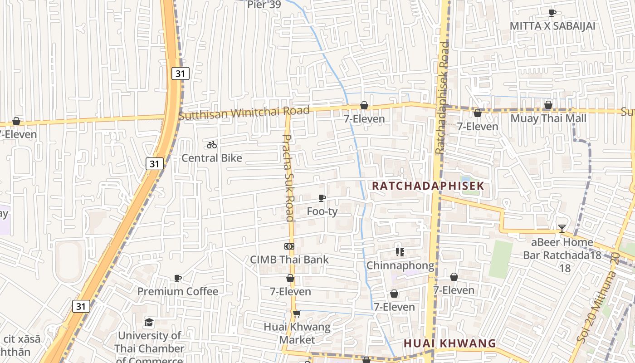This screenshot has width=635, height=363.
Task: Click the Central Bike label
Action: coord(212,158)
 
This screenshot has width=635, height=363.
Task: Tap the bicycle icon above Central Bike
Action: coord(212,145)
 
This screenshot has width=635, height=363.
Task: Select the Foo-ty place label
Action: coord(322,211)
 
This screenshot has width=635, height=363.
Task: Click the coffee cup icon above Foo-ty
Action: coord(322,198)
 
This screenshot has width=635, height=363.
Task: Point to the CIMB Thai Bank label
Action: coord(289,260)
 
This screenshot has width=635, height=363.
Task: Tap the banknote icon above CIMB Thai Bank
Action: coord(289,246)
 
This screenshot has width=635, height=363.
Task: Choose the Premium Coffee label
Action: coord(178,291)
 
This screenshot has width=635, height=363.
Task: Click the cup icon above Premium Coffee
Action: coord(178,278)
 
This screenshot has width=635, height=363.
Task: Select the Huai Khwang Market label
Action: coord(297,333)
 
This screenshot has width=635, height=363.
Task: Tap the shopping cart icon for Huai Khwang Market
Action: coord(297,314)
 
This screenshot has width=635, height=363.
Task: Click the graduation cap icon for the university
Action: coord(149,323)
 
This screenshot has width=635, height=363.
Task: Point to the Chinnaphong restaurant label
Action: coord(400,265)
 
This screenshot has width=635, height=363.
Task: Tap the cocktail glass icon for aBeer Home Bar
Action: coord(562,228)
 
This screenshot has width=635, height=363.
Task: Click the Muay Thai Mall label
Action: coord(548,118)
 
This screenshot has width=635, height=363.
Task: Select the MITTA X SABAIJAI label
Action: coord(552,26)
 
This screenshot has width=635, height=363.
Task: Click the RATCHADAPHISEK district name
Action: coord(428,186)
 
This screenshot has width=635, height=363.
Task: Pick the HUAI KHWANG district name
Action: coord(450,343)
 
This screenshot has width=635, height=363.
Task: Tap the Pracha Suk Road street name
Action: coord(289,177)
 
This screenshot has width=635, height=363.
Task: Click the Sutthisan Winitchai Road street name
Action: coord(244,113)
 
